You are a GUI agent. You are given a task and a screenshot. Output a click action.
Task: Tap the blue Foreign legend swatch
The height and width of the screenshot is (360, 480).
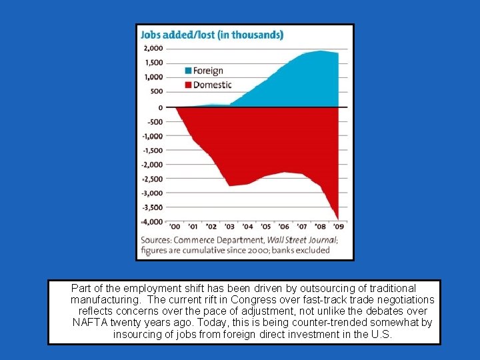click(188, 71)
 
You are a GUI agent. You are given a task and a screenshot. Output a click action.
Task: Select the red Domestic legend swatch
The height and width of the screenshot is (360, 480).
click(188, 85)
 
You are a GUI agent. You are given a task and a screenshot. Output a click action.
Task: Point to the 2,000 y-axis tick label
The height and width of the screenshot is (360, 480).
click(153, 49)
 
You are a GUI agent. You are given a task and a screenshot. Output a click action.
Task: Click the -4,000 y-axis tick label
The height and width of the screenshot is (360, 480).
click(151, 221)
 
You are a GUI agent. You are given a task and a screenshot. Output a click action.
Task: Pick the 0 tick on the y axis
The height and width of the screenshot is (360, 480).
click(160, 107)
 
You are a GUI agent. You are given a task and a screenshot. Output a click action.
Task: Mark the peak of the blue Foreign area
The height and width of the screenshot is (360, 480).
click(321, 51)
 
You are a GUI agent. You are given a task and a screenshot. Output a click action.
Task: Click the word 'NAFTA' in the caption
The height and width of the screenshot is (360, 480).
click(89, 323)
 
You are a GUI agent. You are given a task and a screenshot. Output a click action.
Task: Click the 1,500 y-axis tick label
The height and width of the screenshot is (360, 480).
click(153, 63)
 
